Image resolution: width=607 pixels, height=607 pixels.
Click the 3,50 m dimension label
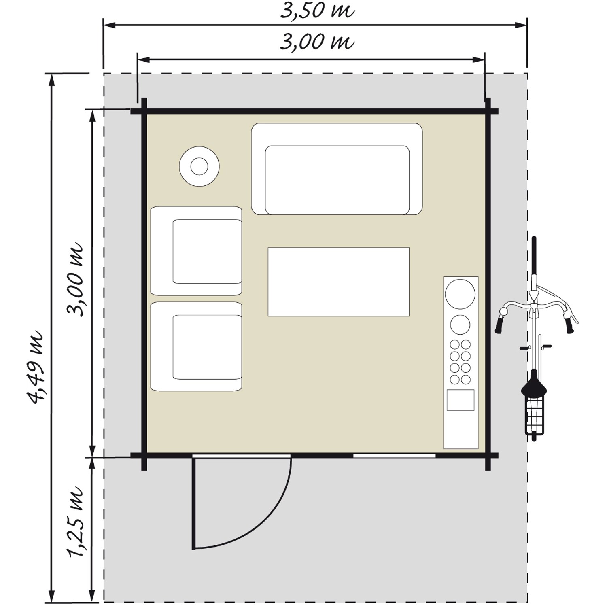[317, 11]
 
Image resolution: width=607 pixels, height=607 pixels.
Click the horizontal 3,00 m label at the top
[317, 42]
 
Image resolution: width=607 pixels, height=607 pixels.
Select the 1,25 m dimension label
[76, 522]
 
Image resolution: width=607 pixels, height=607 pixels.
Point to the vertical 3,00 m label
[76, 279]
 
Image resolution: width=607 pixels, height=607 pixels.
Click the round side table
[199, 166]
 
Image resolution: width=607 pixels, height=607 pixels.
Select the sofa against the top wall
[337, 169]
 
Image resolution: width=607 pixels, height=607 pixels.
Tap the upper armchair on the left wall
[196, 251]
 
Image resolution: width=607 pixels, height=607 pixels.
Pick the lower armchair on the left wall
[196, 346]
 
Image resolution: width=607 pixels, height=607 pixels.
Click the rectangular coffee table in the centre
[339, 282]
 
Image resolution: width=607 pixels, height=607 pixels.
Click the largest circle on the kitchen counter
[460, 294]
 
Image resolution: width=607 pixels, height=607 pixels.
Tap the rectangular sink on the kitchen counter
[461, 400]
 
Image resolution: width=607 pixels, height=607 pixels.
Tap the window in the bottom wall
[395, 456]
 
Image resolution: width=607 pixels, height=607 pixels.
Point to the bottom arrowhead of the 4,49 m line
[51, 596]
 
